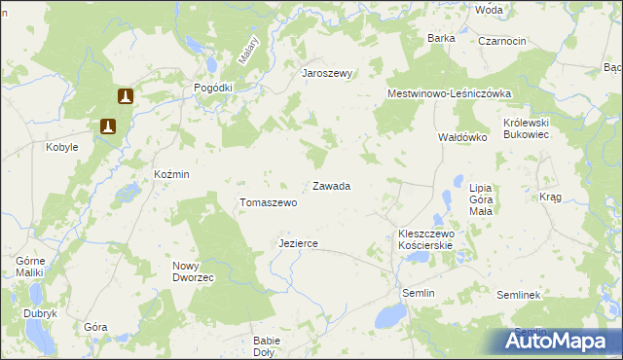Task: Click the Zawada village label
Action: click(x=331, y=185)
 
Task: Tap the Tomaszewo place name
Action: click(x=268, y=203)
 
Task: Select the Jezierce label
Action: click(x=298, y=243)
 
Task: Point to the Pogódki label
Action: click(x=213, y=88)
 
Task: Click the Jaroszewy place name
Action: click(x=326, y=74)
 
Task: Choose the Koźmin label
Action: click(x=171, y=173)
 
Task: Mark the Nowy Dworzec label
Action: click(x=193, y=271)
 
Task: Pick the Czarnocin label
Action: click(x=502, y=41)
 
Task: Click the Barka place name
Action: click(x=441, y=38)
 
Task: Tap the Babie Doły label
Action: click(x=266, y=346)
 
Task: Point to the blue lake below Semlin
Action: click(x=388, y=314)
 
